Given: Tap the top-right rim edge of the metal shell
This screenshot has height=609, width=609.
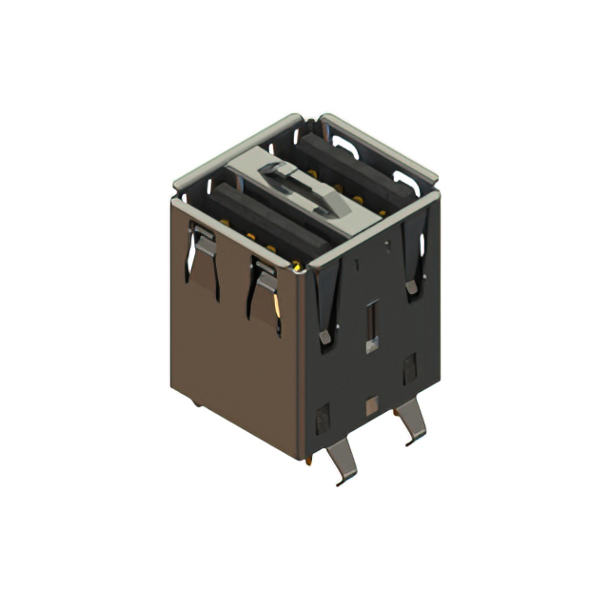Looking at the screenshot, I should click(x=381, y=146).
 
